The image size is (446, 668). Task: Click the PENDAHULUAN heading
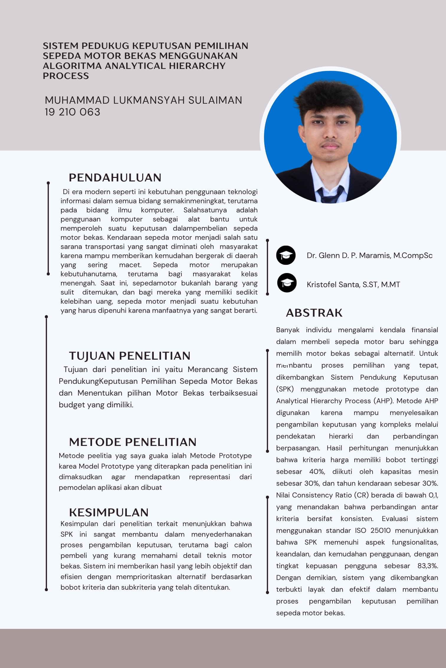click(x=115, y=178)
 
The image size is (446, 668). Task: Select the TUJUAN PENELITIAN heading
click(x=129, y=356)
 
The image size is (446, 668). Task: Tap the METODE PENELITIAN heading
click(x=133, y=442)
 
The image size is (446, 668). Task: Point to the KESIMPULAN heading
click(x=109, y=512)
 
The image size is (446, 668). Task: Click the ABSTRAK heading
click(x=314, y=313)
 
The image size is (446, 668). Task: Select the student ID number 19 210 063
click(x=73, y=112)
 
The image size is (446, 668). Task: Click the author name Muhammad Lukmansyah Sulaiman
click(x=143, y=100)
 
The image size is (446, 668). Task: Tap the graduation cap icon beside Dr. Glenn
click(x=286, y=255)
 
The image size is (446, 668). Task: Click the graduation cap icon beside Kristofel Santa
click(x=287, y=283)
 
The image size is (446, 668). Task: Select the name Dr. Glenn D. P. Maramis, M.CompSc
click(x=369, y=255)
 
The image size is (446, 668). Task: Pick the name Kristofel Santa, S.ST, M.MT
click(x=353, y=285)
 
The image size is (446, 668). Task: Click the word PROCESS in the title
click(x=66, y=76)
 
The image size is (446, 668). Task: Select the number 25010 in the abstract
click(x=380, y=530)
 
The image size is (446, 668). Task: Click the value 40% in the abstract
click(x=317, y=472)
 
